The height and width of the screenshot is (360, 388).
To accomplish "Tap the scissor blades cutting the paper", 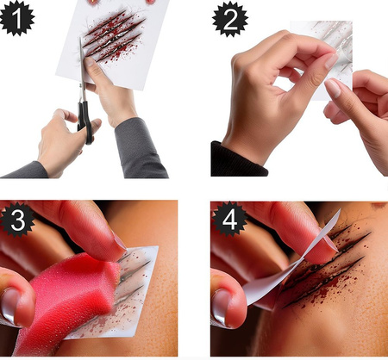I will (83, 65).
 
